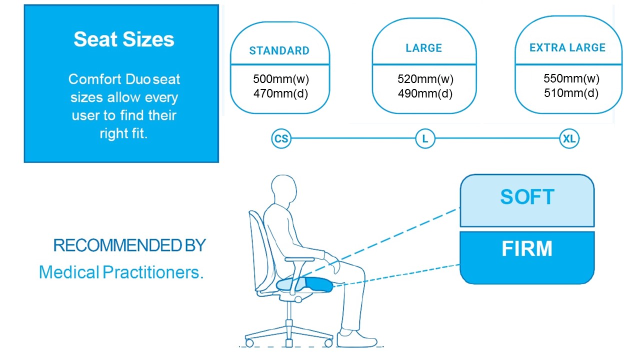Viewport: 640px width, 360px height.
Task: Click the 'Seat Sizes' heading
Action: click(x=123, y=39)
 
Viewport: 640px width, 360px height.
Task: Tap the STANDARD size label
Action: click(x=279, y=50)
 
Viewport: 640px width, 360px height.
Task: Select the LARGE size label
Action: click(x=424, y=47)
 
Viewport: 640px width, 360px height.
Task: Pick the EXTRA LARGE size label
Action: click(x=567, y=47)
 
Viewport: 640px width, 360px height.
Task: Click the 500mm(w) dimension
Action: click(x=281, y=79)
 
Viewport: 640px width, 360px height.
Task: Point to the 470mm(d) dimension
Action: click(x=281, y=93)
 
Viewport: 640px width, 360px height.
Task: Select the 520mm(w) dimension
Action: click(x=425, y=79)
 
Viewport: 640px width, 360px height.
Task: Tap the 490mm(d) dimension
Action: click(x=425, y=93)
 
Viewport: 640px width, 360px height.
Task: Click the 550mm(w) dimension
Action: click(x=571, y=78)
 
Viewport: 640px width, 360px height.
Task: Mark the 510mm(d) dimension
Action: click(x=571, y=93)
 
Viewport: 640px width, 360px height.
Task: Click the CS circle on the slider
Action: click(x=281, y=138)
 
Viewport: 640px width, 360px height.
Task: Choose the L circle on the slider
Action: click(x=425, y=138)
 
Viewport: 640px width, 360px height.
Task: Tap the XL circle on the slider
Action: click(x=569, y=138)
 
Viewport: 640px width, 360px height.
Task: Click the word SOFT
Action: click(x=527, y=197)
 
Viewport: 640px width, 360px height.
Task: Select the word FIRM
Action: click(x=527, y=248)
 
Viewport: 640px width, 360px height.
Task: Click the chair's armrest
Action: click(x=299, y=259)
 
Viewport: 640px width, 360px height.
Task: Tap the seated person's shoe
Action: click(x=356, y=339)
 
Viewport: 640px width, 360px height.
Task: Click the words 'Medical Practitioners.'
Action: click(x=121, y=272)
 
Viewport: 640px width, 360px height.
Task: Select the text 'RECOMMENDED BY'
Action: click(x=129, y=245)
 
